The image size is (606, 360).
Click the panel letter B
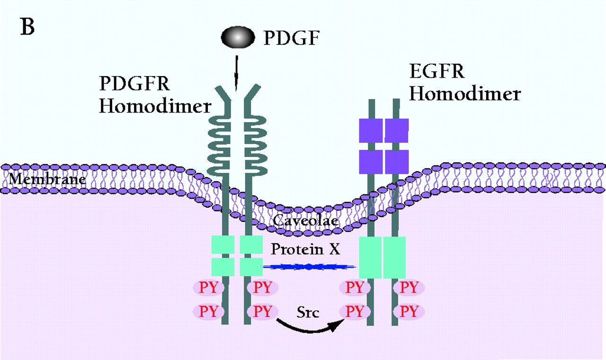pyautogui.click(x=27, y=27)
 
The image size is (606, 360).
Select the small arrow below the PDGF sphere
pyautogui.click(x=236, y=76)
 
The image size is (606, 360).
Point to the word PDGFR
pyautogui.click(x=134, y=83)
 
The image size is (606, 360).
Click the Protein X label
pyautogui.click(x=305, y=249)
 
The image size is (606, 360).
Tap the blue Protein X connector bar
pyautogui.click(x=308, y=267)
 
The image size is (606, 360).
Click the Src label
pyautogui.click(x=308, y=313)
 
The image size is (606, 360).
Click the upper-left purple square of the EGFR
pyautogui.click(x=371, y=131)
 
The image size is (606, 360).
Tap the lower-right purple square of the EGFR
pyautogui.click(x=397, y=162)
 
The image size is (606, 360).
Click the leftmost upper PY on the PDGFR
pyautogui.click(x=209, y=287)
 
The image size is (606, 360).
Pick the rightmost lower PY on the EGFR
pyautogui.click(x=409, y=312)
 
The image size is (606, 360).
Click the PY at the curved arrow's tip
pyautogui.click(x=355, y=312)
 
